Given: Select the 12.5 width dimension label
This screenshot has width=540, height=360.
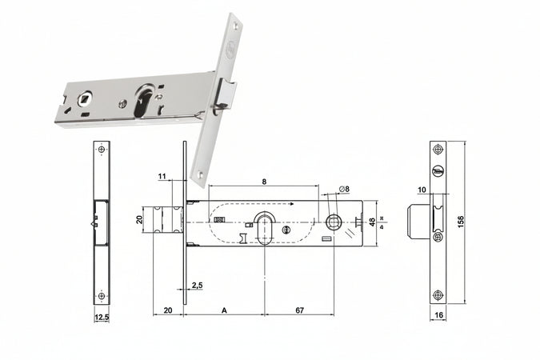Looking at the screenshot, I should [102, 317].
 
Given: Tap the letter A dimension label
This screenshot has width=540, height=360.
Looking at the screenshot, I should [225, 308].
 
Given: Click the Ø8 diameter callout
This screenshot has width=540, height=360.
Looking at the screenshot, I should [344, 189].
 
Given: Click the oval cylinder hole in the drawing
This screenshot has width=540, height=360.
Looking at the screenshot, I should [266, 226].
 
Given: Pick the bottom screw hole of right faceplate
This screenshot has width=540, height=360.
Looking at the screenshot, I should [437, 294].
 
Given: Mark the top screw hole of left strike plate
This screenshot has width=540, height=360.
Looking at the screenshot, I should [102, 150].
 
